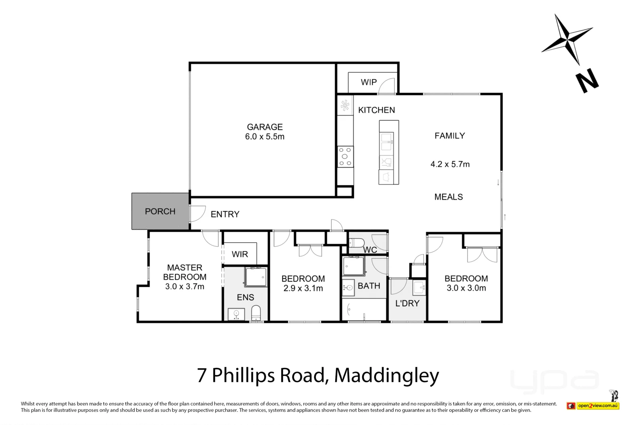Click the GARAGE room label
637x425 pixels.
tap(265, 127)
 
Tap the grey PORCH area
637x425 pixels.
tap(160, 211)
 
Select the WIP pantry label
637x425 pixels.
tap(369, 82)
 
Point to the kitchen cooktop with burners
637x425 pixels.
tap(345, 157)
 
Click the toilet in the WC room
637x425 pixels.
tap(357, 243)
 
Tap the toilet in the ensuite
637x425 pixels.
tap(256, 313)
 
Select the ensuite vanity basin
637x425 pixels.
tap(236, 314)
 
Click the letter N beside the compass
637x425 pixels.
tap(587, 80)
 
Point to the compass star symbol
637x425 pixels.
tap(567, 39)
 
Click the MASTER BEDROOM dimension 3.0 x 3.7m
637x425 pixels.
tap(185, 286)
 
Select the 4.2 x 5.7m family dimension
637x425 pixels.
tap(450, 164)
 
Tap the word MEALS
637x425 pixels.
tap(448, 197)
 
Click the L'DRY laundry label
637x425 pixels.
tap(407, 303)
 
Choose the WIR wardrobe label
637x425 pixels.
tap(240, 254)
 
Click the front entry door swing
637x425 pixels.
tap(197, 213)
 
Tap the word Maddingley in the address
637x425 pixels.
tap(387, 376)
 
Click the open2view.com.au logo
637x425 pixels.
tap(593, 405)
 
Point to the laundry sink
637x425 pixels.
tap(419, 288)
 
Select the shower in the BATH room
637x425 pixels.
tap(354, 266)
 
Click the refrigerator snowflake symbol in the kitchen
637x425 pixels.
tap(345, 105)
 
